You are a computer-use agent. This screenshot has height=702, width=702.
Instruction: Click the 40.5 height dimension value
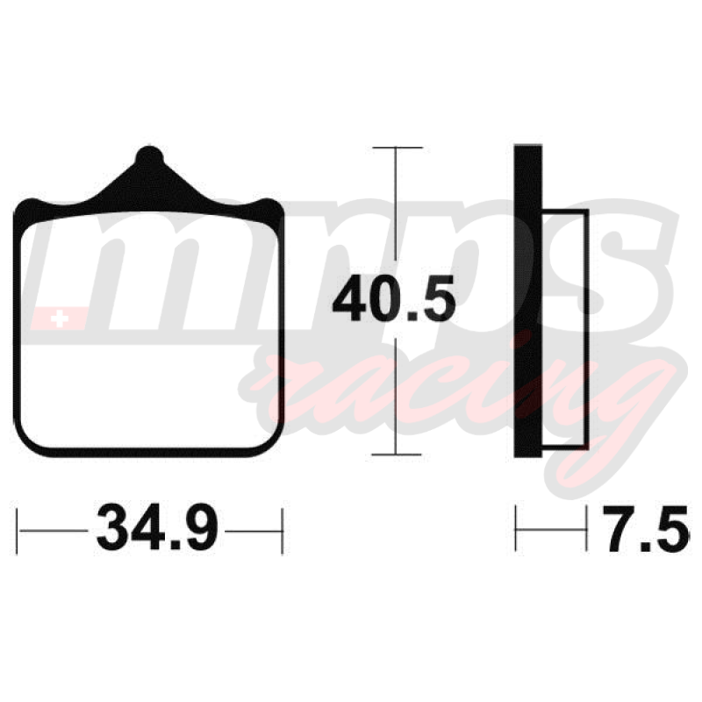coord(394,298)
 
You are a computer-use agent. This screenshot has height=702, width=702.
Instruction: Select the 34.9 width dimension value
coord(157,527)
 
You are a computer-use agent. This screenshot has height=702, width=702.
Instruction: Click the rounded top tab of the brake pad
coord(149,157)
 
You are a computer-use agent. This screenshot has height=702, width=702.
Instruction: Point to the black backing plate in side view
coord(528,301)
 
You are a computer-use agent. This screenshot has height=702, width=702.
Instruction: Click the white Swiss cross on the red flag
coord(60,319)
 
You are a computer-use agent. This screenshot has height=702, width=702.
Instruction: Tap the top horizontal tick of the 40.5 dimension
coord(398,147)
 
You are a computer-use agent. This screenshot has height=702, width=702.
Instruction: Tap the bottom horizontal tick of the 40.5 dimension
coord(397,455)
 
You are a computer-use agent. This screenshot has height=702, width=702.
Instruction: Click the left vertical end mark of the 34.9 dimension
coord(17,531)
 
